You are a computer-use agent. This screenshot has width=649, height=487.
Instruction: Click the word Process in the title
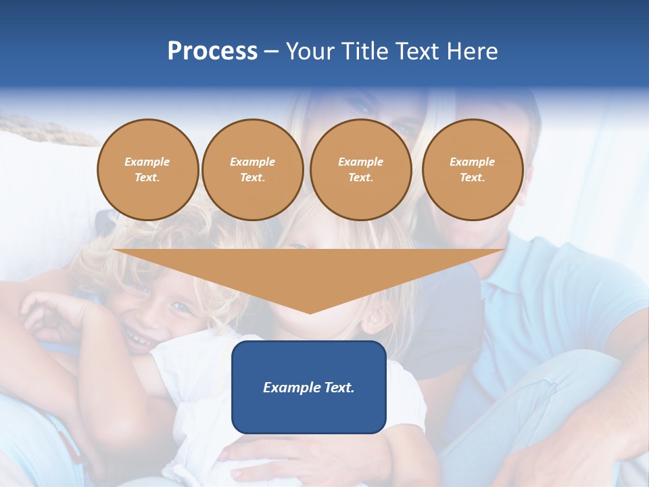(x=212, y=51)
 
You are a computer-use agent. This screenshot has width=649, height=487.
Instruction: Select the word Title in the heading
(x=365, y=51)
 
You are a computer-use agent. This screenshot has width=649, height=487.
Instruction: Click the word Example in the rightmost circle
(x=472, y=162)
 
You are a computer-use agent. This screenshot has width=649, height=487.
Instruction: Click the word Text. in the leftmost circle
(x=147, y=177)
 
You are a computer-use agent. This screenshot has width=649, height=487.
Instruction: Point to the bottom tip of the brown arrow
(x=310, y=312)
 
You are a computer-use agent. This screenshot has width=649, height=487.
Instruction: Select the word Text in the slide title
(x=418, y=51)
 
